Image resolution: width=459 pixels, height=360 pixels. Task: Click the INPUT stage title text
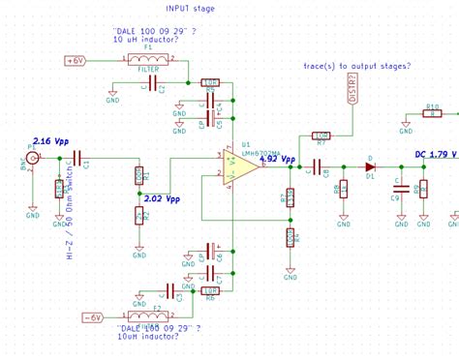190,8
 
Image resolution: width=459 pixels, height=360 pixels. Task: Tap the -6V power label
92,317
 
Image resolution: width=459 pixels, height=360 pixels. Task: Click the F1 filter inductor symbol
148,60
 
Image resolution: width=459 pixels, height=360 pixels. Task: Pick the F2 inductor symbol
146,316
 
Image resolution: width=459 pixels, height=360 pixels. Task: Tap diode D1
369,166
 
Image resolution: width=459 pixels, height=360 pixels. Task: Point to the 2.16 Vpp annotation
50,141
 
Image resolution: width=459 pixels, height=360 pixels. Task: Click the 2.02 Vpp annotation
160,200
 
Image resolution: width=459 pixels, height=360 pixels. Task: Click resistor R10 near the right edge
431,113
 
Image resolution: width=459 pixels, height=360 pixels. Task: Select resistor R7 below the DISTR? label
321,135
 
